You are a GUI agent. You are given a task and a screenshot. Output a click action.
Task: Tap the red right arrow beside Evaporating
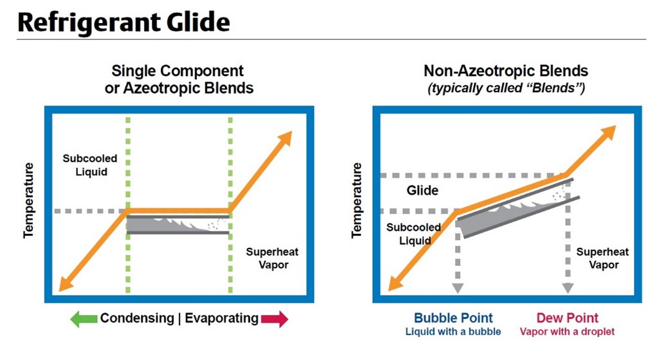pos(275,318)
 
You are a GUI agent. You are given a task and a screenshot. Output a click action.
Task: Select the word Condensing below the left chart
pos(136,318)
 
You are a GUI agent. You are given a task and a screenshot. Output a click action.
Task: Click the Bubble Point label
pos(453,317)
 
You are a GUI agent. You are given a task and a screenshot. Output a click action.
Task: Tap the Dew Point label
pos(567,317)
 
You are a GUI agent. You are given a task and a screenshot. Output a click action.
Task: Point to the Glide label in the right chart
pos(422,190)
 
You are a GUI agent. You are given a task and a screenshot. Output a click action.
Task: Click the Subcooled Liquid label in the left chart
pos(84,165)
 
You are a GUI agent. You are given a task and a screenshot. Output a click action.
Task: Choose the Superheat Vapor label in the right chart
pos(602,258)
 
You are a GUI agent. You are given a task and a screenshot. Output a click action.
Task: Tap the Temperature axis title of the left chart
pos(28,200)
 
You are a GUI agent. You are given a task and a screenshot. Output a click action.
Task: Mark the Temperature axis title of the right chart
pos(357,200)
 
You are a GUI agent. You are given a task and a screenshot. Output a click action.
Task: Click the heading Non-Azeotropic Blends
pos(506,71)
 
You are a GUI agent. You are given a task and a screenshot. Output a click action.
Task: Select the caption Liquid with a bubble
pos(453,332)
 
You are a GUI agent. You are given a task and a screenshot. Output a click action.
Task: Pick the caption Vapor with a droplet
pos(567,332)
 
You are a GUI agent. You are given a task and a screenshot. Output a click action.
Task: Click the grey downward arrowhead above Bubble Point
pos(458,287)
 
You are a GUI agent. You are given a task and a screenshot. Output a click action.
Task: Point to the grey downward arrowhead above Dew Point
pos(568,287)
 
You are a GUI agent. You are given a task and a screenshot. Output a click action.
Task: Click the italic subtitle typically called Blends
pos(506,88)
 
